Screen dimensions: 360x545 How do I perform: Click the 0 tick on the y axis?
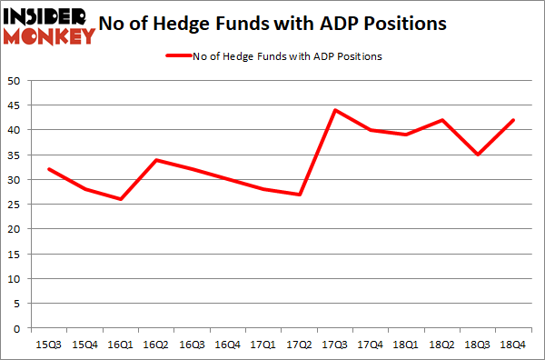[x=16, y=328]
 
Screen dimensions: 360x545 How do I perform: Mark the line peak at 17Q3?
[x=335, y=110]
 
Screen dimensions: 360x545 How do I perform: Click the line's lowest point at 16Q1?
[x=120, y=199]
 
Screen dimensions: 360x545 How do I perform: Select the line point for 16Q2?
[x=157, y=160]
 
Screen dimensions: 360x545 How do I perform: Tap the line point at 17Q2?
[x=298, y=195]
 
